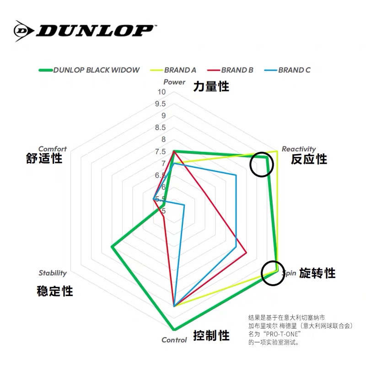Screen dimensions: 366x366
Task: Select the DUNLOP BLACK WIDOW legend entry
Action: (x=96, y=70)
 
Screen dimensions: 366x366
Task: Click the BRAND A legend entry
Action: (x=180, y=70)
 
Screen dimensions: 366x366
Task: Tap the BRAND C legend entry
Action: (x=294, y=70)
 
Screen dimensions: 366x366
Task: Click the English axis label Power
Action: (x=174, y=82)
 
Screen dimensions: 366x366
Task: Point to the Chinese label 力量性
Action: (x=211, y=86)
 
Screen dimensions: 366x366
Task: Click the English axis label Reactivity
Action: (x=298, y=149)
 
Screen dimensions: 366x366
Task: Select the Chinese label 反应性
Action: (x=309, y=159)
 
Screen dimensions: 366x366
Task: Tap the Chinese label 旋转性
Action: (x=318, y=273)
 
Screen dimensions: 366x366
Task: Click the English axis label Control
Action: (x=174, y=340)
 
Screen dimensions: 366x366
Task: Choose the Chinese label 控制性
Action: (x=211, y=336)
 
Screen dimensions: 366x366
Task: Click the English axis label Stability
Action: (x=53, y=273)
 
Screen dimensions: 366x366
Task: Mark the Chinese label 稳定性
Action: (x=55, y=291)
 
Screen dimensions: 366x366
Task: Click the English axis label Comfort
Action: (x=52, y=149)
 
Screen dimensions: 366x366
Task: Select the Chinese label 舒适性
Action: (x=44, y=159)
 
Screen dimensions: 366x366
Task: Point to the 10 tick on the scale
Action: (x=161, y=92)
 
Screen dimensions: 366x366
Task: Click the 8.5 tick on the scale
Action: (x=160, y=128)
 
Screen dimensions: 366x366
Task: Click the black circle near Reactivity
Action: (x=262, y=164)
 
